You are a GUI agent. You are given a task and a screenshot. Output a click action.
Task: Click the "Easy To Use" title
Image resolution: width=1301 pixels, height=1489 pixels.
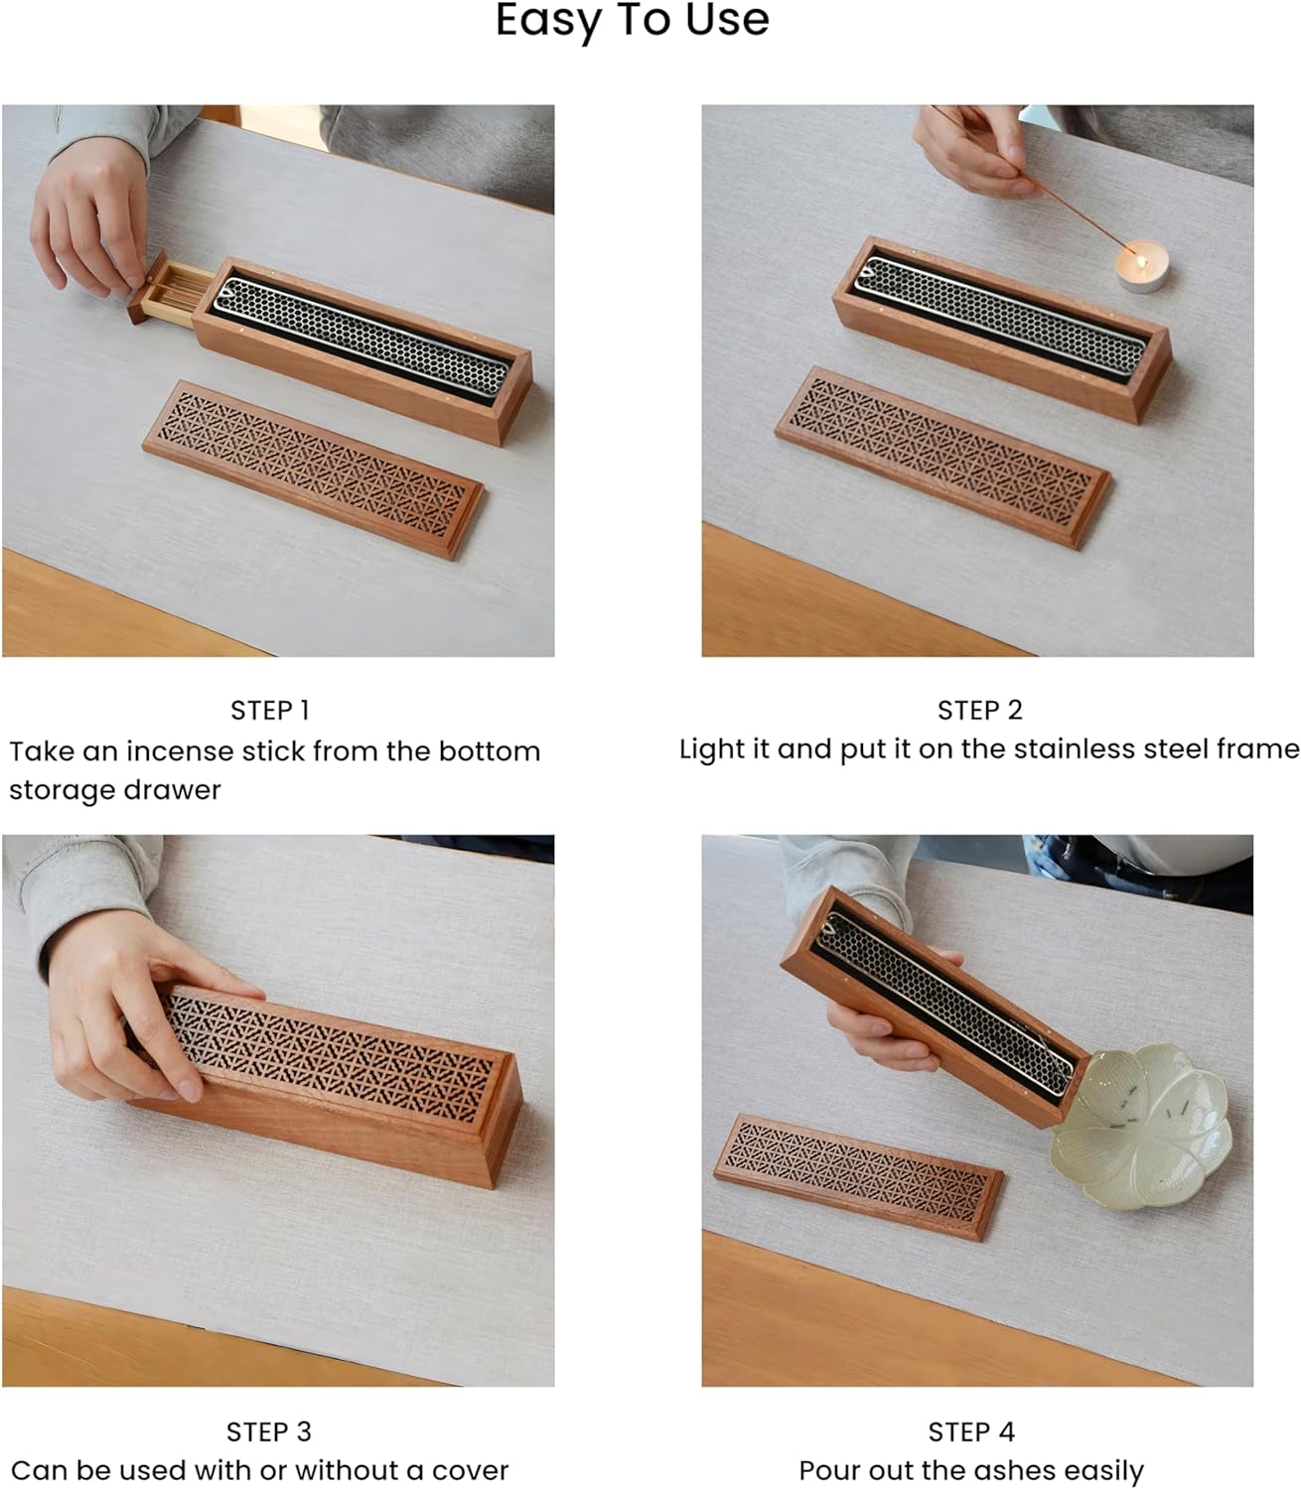click(x=632, y=20)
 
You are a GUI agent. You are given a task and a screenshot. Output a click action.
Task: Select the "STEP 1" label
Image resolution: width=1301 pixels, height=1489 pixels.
click(x=269, y=711)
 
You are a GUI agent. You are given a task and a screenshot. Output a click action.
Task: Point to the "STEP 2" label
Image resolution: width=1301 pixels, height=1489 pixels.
click(x=979, y=711)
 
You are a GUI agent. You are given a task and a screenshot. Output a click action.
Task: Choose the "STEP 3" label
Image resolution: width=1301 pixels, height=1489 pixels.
click(x=269, y=1431)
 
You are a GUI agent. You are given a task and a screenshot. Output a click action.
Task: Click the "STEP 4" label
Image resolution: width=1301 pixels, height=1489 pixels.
click(x=970, y=1431)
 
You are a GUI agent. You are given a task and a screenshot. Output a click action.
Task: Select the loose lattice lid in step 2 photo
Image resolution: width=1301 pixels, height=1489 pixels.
click(x=941, y=456)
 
